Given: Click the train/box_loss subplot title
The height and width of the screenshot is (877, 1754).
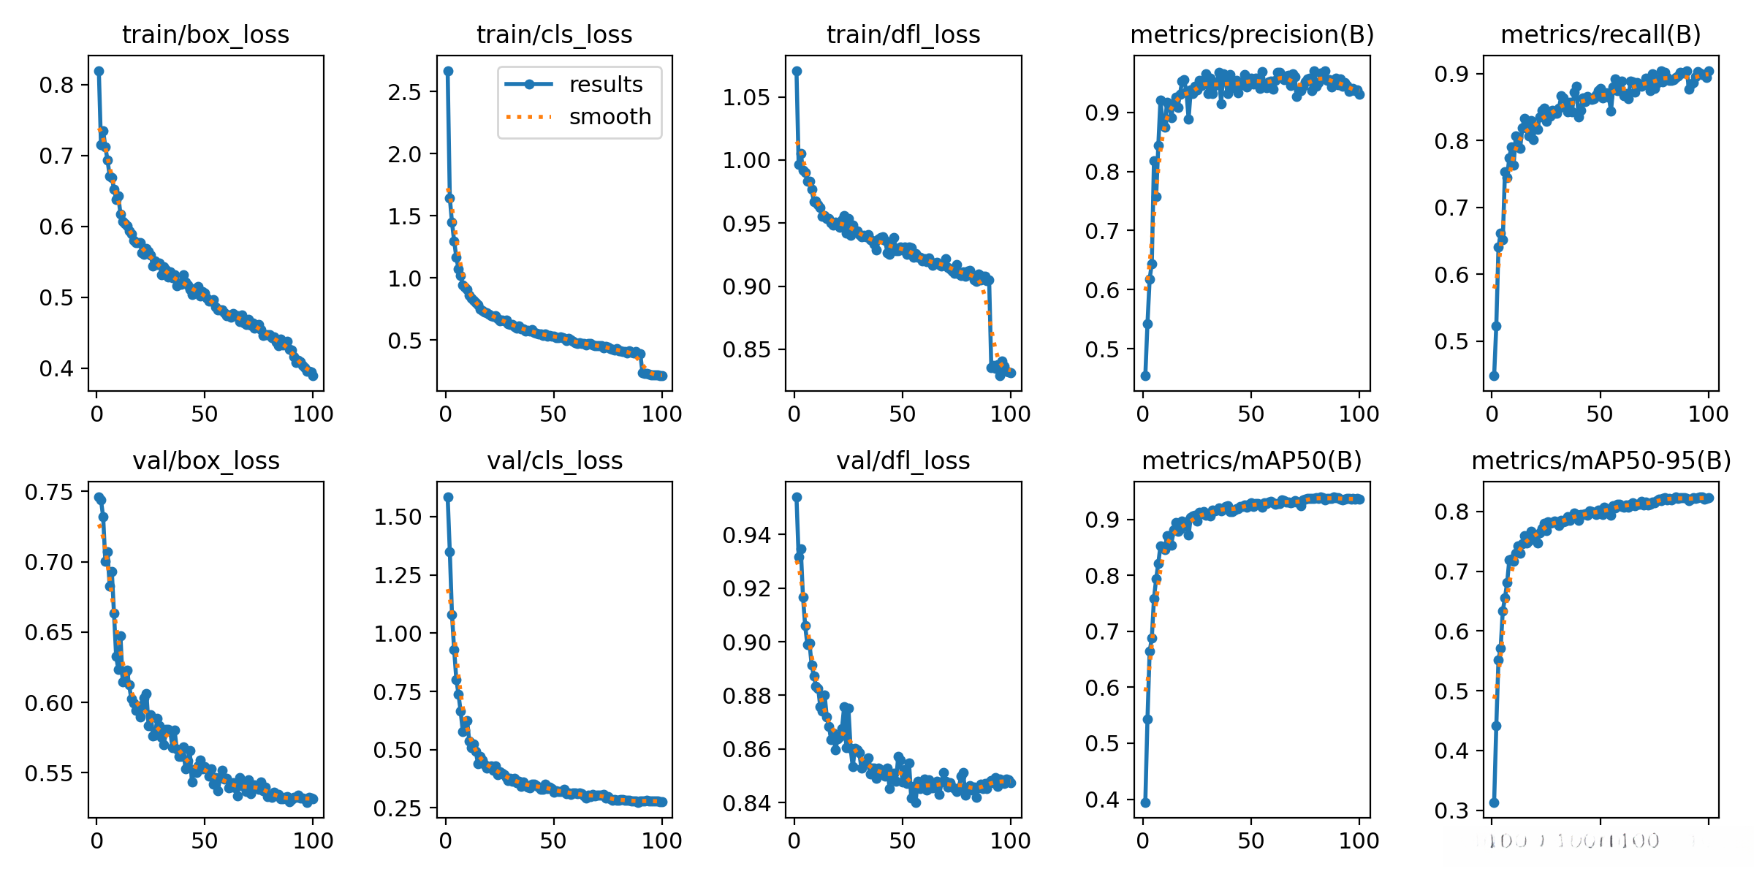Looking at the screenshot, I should click(205, 34).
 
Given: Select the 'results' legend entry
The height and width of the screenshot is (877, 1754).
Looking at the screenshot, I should click(606, 84).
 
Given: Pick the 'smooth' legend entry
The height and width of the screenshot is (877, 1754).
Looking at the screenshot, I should click(610, 116).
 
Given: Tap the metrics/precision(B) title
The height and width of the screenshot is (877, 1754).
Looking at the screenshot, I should click(1252, 34).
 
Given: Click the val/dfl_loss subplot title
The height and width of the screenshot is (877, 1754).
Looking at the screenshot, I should click(903, 460).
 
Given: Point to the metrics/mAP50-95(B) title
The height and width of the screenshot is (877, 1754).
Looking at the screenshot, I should click(1601, 460).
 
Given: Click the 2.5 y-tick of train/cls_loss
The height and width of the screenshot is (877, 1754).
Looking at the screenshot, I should click(405, 92).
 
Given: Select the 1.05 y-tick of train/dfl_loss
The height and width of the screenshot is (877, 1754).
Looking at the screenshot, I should click(746, 97).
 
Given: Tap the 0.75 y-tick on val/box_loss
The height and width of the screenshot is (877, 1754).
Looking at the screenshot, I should click(49, 492).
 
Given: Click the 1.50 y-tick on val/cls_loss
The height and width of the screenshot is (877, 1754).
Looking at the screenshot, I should click(398, 517).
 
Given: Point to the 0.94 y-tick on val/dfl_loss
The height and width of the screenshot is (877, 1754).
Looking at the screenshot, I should click(746, 535).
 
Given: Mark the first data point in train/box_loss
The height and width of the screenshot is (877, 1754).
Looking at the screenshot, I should click(99, 71).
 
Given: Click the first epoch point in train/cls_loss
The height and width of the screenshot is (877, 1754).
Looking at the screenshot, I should click(448, 71).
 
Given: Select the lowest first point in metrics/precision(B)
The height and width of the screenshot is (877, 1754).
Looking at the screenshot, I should click(1145, 376).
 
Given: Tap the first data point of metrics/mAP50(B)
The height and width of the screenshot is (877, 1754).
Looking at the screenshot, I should click(1145, 802).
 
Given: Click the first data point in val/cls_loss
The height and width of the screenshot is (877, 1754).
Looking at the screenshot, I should click(448, 497).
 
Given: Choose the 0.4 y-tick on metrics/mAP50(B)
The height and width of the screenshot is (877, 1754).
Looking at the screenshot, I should click(1102, 800).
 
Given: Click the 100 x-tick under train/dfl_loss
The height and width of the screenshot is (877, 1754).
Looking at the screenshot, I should click(1010, 414).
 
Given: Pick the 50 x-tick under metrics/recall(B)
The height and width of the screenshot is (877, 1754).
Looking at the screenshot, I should click(1600, 414).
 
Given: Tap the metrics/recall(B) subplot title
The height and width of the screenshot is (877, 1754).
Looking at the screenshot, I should click(1601, 34).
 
